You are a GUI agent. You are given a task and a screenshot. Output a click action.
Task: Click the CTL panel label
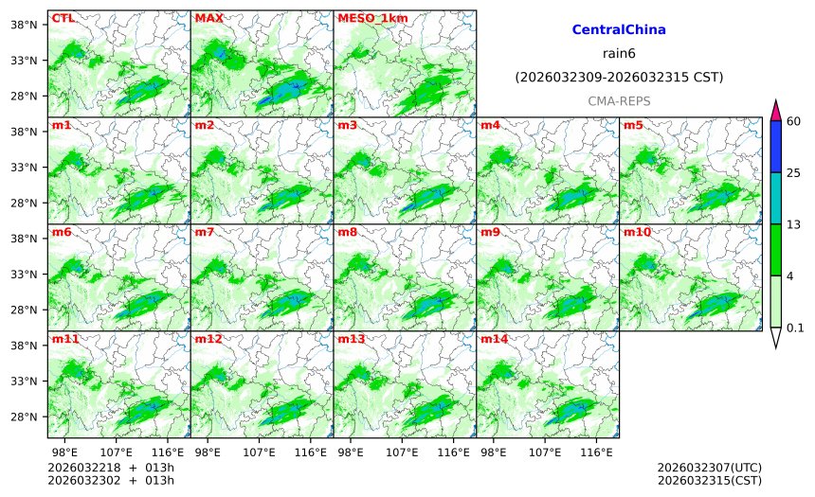[63, 18]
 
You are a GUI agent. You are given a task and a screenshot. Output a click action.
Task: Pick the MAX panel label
[208, 18]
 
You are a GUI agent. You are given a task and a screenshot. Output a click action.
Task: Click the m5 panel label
[633, 125]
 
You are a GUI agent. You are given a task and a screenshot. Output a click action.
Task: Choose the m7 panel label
[205, 232]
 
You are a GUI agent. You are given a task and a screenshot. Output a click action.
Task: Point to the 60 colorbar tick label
[794, 120]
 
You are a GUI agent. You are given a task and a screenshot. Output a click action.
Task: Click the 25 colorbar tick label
[794, 172]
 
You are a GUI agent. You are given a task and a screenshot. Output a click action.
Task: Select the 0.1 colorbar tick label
[796, 328]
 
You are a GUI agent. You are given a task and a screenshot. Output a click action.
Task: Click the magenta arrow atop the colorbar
[776, 109]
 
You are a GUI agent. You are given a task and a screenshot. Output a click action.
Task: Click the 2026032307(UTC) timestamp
[709, 468]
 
